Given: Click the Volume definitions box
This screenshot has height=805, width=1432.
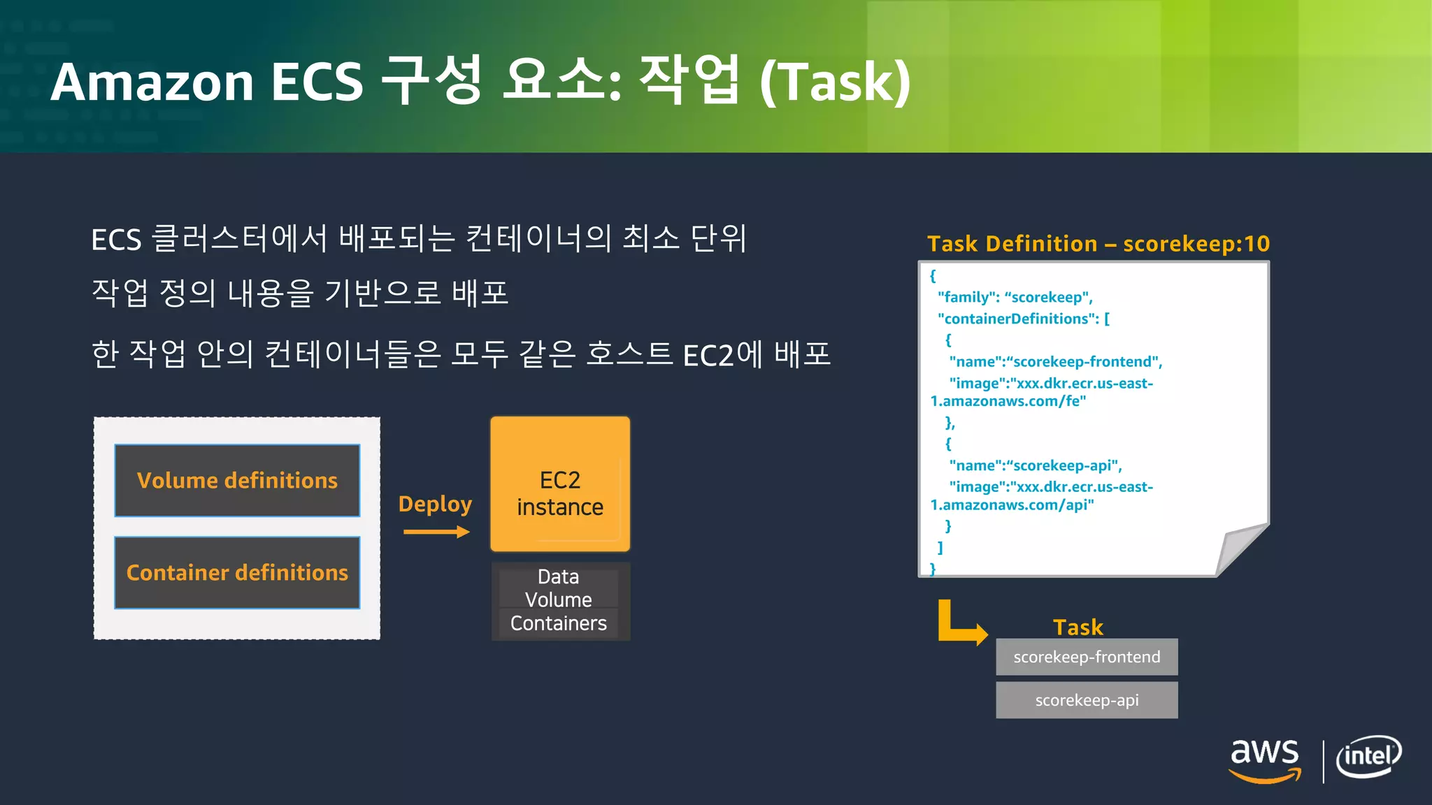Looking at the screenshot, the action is pyautogui.click(x=237, y=480).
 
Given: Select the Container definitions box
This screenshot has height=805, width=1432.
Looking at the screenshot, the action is pyautogui.click(x=237, y=572).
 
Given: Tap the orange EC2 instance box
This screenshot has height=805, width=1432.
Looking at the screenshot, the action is pyautogui.click(x=560, y=484).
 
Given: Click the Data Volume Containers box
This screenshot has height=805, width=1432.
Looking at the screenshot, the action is pyautogui.click(x=559, y=600).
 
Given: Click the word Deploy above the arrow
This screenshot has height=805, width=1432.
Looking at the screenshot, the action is pyautogui.click(x=435, y=504).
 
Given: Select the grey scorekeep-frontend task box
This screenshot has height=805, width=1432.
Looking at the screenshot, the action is pyautogui.click(x=1087, y=657).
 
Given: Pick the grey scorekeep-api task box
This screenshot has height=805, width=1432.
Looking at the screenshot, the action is pyautogui.click(x=1087, y=700).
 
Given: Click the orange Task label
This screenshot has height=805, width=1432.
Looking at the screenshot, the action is pyautogui.click(x=1078, y=627).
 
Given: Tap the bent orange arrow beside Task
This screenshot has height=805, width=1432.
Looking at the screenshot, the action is pyautogui.click(x=959, y=623).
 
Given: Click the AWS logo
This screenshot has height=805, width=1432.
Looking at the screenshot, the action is pyautogui.click(x=1265, y=760).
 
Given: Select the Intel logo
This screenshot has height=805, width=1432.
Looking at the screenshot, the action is pyautogui.click(x=1368, y=757).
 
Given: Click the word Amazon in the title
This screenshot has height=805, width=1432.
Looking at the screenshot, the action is pyautogui.click(x=152, y=82).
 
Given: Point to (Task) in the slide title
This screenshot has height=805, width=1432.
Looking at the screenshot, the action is pyautogui.click(x=835, y=82).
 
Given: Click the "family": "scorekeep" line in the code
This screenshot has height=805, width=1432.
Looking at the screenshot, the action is pyautogui.click(x=1015, y=297).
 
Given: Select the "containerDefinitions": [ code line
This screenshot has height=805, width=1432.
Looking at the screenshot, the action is pyautogui.click(x=1024, y=319).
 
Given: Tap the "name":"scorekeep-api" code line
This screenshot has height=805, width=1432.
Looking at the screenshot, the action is pyautogui.click(x=1035, y=465).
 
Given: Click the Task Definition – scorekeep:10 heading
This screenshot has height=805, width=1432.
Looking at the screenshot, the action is pyautogui.click(x=1098, y=243).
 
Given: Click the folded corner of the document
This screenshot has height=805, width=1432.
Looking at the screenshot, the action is pyautogui.click(x=1241, y=549).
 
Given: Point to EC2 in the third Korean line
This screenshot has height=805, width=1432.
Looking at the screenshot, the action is pyautogui.click(x=708, y=355).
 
